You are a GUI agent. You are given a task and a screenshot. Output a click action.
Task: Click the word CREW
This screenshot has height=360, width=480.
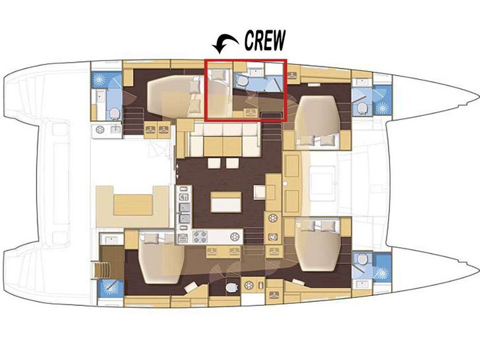[x=265, y=41]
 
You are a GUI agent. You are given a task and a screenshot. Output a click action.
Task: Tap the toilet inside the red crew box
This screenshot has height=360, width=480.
[x=242, y=80]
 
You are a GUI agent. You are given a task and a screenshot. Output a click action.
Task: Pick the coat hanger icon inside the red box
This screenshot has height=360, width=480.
[x=251, y=112]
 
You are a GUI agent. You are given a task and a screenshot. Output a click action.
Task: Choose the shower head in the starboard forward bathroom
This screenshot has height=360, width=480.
[x=382, y=272]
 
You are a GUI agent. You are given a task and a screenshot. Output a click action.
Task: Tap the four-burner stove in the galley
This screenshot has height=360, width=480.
[x=200, y=236]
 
